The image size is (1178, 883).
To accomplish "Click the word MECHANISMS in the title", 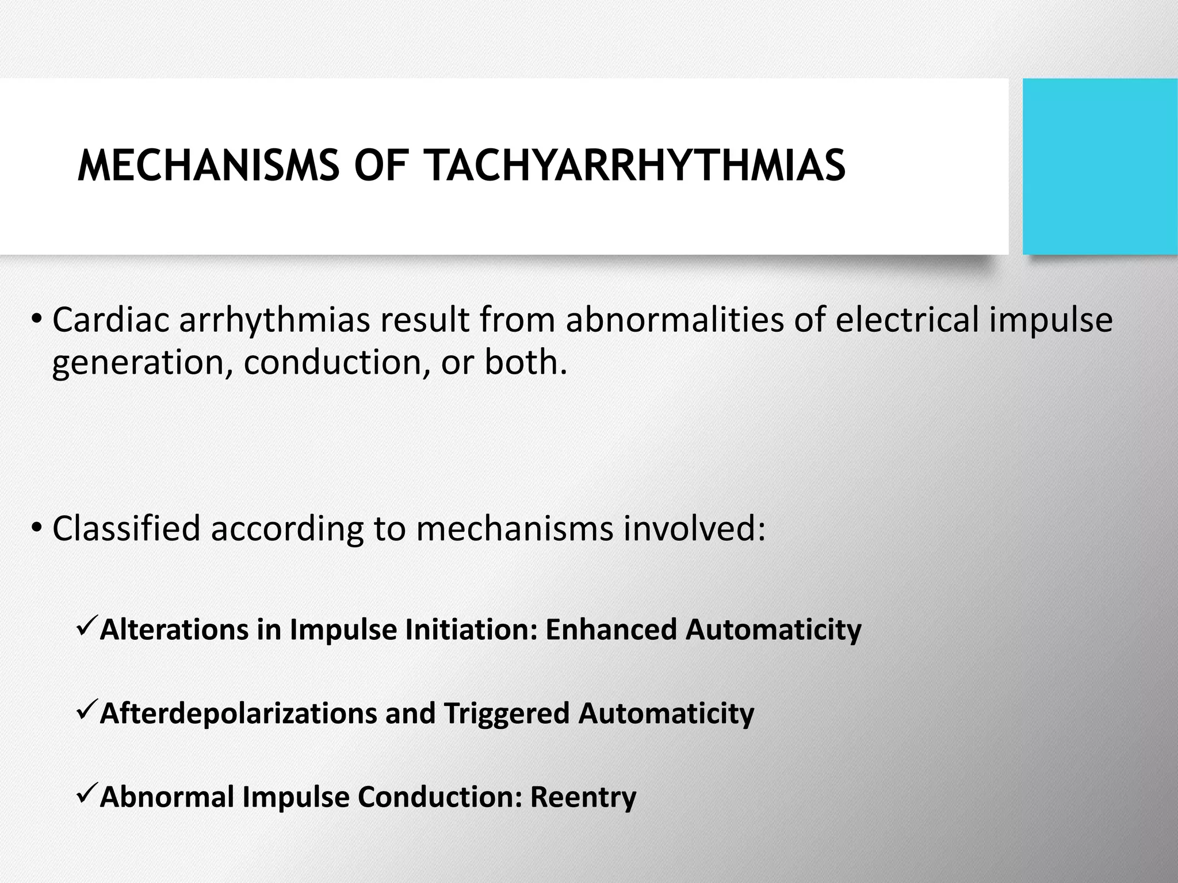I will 208,166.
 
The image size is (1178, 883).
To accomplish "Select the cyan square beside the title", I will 1100,167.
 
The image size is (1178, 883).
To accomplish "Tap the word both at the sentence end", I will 521,363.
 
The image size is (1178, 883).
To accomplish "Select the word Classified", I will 126,528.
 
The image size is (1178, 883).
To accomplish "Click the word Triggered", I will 506,713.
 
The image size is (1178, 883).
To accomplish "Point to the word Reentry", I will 583,797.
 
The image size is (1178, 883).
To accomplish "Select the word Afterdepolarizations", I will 238,713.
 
